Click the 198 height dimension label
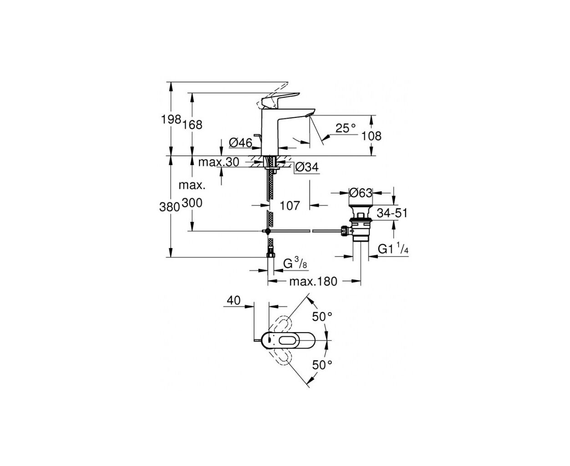coord(171,119)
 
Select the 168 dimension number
coord(192,125)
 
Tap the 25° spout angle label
coord(346,128)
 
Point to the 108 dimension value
coord(372,136)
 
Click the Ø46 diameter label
coord(240,142)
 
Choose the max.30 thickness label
coord(219,162)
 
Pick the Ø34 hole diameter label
coord(307,167)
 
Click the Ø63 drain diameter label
coord(361,193)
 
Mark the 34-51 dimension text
coord(392,213)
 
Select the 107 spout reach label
coord(290,206)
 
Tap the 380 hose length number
coord(169,207)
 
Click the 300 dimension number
coord(192,203)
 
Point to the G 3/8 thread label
coord(295,263)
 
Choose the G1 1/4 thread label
coord(393,248)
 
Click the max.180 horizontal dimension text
coord(313,282)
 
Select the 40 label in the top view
coord(234,300)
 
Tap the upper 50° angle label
coord(322,317)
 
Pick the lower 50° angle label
coord(322,365)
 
